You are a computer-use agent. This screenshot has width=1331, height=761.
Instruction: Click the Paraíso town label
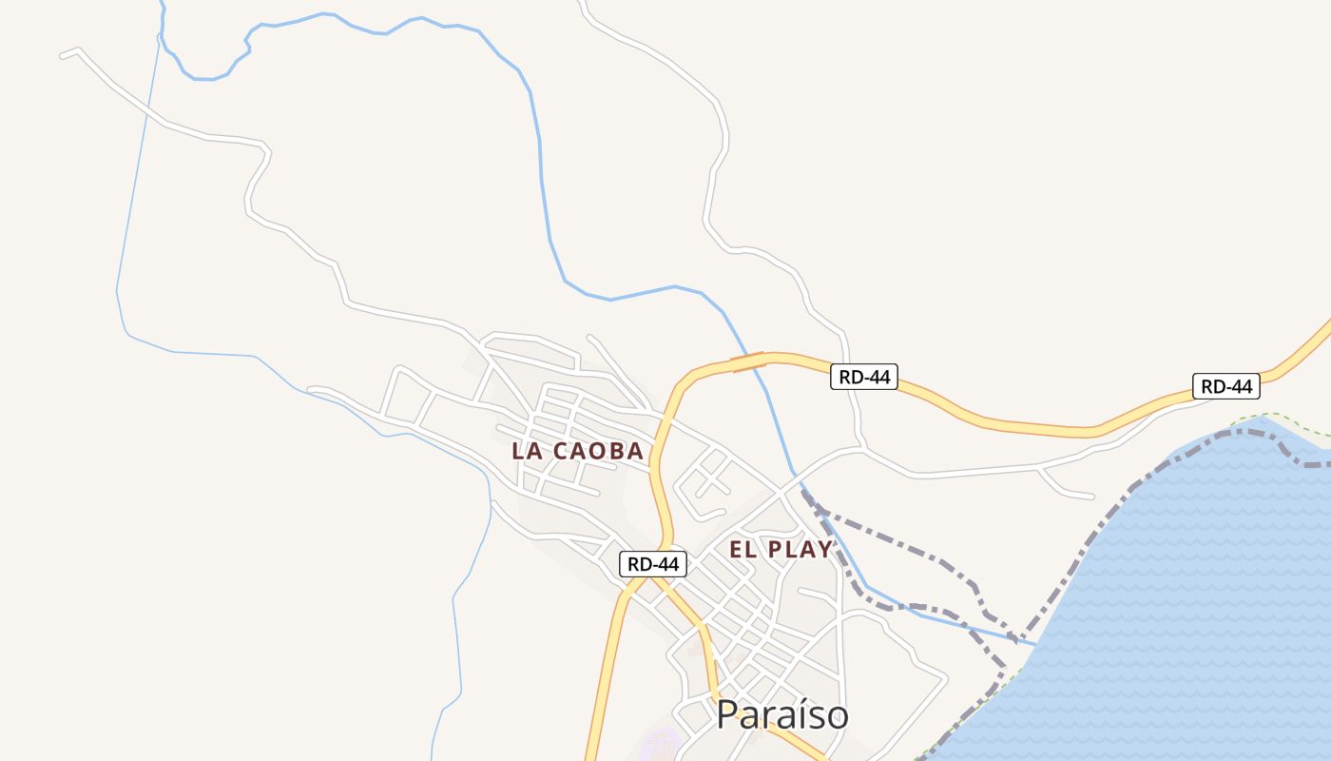tap(781, 714)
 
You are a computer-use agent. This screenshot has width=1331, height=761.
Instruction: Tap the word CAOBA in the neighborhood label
tap(599, 451)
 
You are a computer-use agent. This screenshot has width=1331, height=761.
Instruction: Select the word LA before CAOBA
tap(528, 451)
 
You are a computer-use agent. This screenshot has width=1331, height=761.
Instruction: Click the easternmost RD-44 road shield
tap(1225, 386)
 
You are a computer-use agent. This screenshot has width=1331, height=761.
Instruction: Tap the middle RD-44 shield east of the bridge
tap(864, 377)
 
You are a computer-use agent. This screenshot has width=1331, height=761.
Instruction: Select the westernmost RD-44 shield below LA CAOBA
tap(653, 564)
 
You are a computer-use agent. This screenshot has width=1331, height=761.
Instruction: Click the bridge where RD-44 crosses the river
tap(748, 361)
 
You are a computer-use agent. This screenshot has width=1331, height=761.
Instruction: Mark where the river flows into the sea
tap(1035, 645)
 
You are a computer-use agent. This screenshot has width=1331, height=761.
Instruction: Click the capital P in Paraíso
tap(727, 714)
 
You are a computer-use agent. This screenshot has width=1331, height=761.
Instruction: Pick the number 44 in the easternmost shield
tap(1239, 386)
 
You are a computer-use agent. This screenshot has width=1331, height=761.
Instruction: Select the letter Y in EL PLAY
tap(824, 549)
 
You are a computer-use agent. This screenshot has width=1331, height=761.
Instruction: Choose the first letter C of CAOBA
tap(561, 451)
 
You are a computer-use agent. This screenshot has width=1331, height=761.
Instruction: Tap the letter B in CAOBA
tap(616, 451)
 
